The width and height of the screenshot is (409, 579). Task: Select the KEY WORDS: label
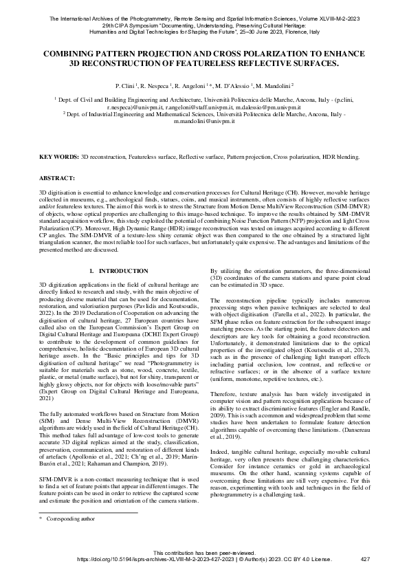(58, 157)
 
